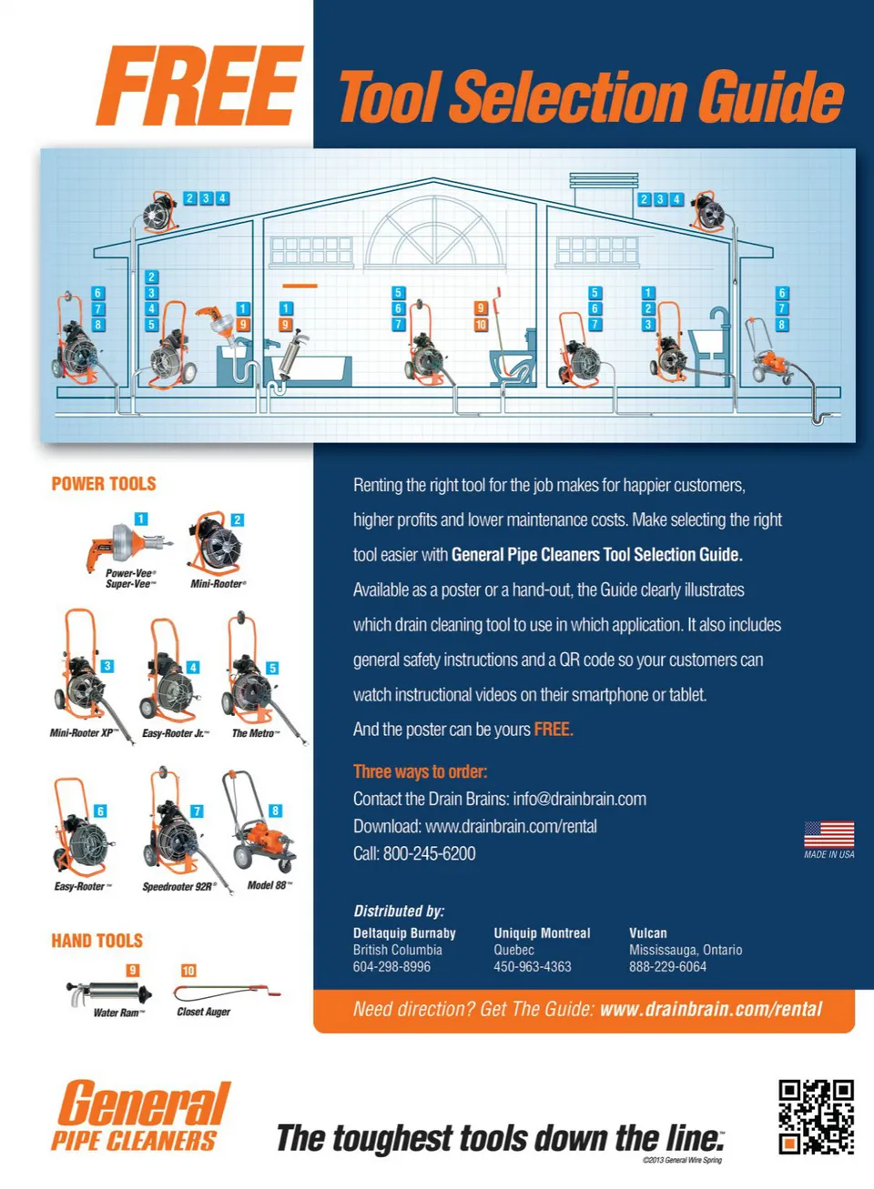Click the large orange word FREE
(x=199, y=86)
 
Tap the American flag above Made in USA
(x=828, y=835)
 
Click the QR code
(x=816, y=1117)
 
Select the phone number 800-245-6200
(x=430, y=853)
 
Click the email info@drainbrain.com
(x=580, y=799)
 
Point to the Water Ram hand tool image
(x=109, y=993)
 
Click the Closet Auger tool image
(x=227, y=992)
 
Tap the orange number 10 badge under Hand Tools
(x=188, y=971)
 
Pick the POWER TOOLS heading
(x=104, y=484)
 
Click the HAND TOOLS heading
(x=97, y=941)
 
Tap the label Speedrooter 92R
(x=179, y=886)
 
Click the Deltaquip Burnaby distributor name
(x=404, y=933)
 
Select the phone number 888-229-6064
(x=668, y=967)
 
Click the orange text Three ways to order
(x=421, y=771)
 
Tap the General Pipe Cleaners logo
(x=141, y=1115)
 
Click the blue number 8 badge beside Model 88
(x=275, y=811)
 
